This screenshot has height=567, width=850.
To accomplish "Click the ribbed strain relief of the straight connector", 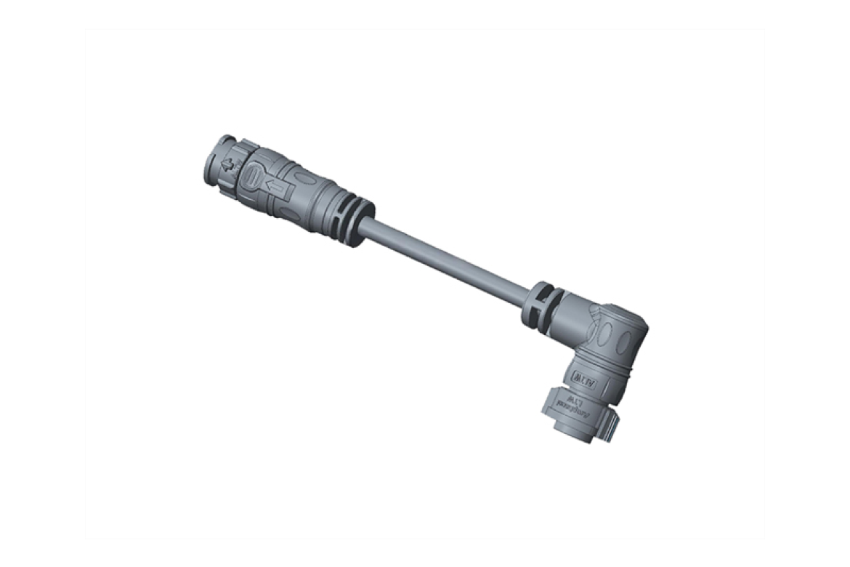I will [x=353, y=219].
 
